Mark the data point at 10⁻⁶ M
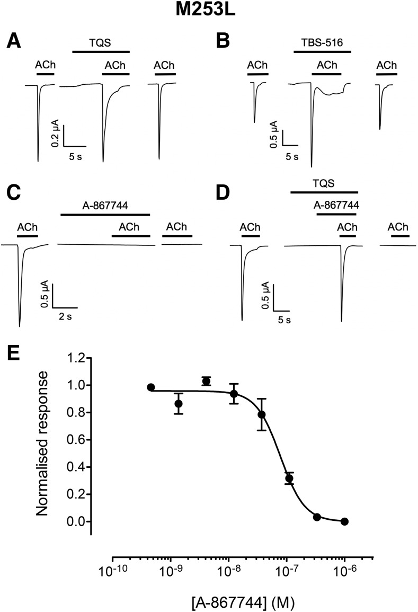344,521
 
